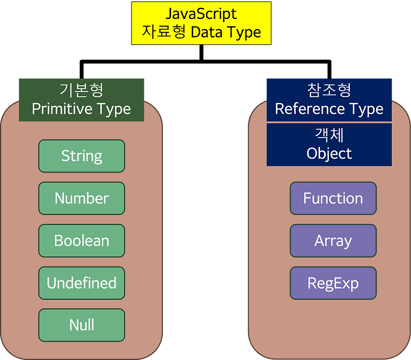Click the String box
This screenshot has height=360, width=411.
82,156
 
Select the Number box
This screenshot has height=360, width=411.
82,198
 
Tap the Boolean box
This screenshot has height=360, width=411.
82,240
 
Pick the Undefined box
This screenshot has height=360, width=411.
82,283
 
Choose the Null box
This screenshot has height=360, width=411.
82,325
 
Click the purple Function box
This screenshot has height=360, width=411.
333,198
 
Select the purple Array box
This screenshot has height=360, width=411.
333,240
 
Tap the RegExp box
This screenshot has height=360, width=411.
333,283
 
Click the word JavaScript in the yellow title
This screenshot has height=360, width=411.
201,14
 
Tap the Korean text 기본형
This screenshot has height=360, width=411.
82,90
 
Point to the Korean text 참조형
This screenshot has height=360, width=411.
329,90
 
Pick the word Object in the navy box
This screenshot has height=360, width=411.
329,154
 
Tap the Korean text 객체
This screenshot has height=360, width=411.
329,135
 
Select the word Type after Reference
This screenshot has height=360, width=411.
365,109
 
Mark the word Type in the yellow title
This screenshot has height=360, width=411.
244,32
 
